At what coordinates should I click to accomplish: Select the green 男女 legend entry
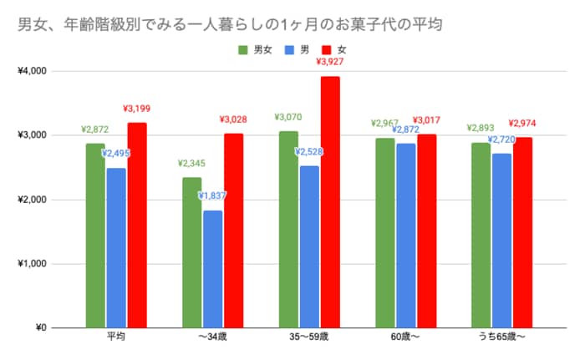click(x=257, y=51)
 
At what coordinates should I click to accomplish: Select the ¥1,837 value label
click(x=212, y=195)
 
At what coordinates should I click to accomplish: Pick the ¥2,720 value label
click(x=501, y=139)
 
